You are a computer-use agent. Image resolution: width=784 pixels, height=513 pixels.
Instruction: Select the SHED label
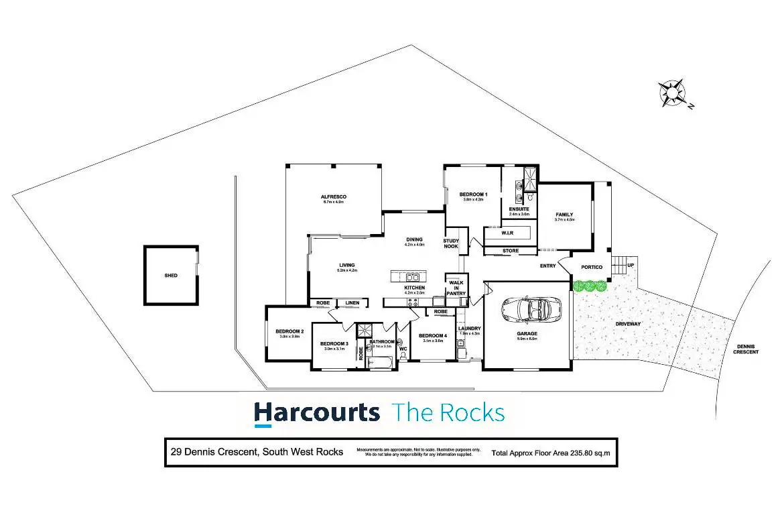(x=171, y=276)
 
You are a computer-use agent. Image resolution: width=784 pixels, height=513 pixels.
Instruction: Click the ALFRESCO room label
(x=333, y=196)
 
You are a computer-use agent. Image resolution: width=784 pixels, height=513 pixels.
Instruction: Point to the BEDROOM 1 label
(x=473, y=194)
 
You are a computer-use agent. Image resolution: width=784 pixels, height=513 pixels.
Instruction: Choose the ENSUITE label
(x=519, y=209)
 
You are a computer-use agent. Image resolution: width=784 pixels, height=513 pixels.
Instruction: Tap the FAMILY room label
(x=564, y=215)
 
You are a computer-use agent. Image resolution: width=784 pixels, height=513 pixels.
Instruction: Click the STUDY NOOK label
(x=451, y=243)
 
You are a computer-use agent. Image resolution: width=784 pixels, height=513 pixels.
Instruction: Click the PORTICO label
(x=592, y=267)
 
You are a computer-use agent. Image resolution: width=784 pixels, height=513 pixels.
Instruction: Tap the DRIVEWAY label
(x=629, y=324)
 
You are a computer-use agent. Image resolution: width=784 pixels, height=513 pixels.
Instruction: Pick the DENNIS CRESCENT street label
(x=746, y=349)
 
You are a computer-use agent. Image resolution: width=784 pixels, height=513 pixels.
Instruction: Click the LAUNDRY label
(x=470, y=328)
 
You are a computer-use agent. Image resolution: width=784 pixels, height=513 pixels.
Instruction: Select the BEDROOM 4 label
(x=432, y=335)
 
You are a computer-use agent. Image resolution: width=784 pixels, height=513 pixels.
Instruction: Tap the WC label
(x=403, y=349)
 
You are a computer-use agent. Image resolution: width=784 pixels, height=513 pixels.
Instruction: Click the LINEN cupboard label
(x=352, y=303)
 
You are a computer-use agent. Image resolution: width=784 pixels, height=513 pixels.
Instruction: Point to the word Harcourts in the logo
(x=316, y=412)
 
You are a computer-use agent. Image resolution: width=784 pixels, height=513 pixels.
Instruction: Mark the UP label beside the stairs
(x=631, y=266)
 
